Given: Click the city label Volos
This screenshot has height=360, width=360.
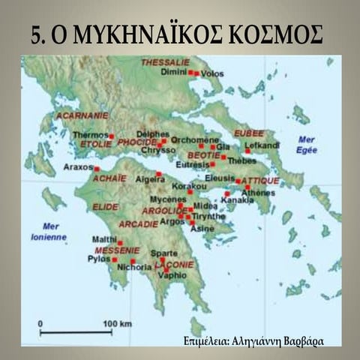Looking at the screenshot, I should [213, 73].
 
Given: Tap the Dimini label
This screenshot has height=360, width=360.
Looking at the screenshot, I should [174, 73].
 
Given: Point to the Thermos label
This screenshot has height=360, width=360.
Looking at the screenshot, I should [90, 135].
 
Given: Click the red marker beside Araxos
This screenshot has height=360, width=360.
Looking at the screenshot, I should [96, 169].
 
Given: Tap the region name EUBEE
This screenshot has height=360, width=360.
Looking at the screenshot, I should [248, 133].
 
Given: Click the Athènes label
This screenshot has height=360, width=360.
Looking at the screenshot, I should [259, 192].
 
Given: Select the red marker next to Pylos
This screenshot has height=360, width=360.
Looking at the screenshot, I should [114, 259].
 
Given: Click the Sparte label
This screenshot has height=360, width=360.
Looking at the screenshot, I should [164, 253].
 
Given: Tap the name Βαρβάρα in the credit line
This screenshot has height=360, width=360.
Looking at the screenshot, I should [300, 341].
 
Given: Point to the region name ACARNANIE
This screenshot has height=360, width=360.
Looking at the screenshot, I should [82, 116].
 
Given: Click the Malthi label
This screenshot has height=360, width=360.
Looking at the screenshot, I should [104, 238].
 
